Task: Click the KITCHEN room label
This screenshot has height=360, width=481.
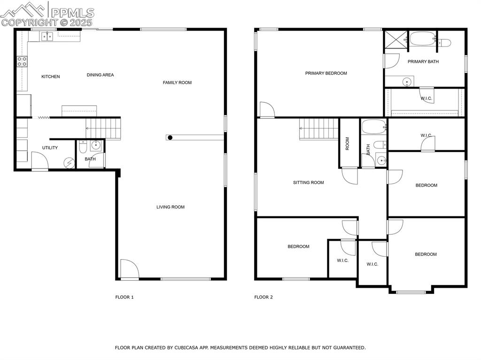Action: tap(51, 77)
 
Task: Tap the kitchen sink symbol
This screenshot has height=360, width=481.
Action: tap(46, 36)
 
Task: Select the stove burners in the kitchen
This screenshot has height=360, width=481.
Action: tap(22, 61)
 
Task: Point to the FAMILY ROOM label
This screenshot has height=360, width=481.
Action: tap(177, 83)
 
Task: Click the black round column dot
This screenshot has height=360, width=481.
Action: tap(170, 138)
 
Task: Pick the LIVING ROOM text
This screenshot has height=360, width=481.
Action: tap(170, 207)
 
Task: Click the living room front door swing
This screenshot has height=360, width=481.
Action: tap(129, 269)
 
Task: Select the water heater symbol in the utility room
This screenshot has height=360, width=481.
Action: tap(70, 162)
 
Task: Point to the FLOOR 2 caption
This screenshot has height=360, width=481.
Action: tap(263, 297)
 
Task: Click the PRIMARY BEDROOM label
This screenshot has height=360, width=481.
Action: tap(326, 73)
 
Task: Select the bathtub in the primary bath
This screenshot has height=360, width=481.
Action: tap(422, 39)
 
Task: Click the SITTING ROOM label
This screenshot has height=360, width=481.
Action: tap(308, 183)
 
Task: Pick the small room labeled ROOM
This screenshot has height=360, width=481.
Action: tap(348, 143)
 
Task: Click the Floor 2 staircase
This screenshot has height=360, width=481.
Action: tap(319, 129)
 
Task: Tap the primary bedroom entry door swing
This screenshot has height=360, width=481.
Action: tap(266, 109)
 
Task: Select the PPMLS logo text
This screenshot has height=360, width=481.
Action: tap(72, 13)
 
